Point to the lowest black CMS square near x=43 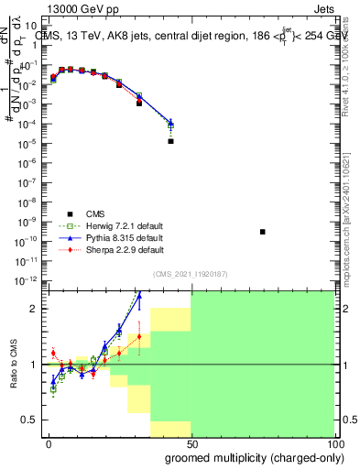(171, 141)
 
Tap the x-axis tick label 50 (191, 443)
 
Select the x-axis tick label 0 (49, 443)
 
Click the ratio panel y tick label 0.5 (30, 420)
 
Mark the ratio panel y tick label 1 (34, 365)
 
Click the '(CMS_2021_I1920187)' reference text (191, 274)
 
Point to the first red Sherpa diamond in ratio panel (53, 353)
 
